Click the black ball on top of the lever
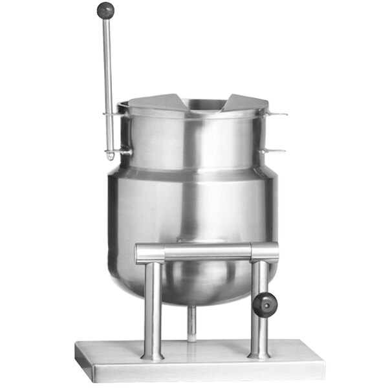point(105,10)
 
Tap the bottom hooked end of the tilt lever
point(111,156)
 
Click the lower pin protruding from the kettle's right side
point(275,151)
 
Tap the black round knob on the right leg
point(264,305)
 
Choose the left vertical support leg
point(153,304)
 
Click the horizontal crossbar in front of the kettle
point(207,252)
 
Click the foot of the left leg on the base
point(153,354)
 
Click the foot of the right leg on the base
point(259,353)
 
